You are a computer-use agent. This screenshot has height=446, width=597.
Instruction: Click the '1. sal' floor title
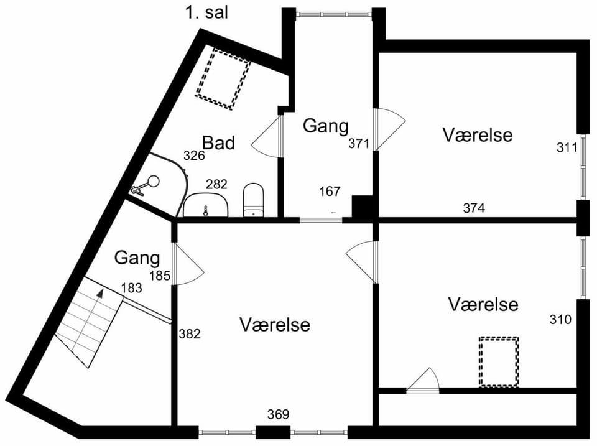pos(206,12)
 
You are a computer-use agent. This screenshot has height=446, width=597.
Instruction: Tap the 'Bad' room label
pos(218,143)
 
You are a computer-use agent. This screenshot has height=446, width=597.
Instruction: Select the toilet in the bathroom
pos(254,200)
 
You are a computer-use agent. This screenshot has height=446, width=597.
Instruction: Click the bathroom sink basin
pos(206,205)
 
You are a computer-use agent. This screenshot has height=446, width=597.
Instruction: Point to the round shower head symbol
pos(154,181)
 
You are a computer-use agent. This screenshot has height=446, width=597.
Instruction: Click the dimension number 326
pos(194,156)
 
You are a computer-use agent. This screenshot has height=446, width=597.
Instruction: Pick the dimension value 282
pos(216,184)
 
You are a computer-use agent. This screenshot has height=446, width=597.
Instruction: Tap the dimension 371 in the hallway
pos(359,144)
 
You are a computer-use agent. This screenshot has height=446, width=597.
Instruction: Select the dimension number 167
pos(330,191)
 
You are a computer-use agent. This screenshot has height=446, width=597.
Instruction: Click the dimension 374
pos(474,208)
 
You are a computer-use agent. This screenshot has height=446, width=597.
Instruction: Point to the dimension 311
pos(567,147)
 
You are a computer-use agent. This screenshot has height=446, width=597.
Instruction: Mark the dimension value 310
pos(560,319)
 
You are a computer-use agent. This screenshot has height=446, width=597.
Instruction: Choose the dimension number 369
pos(279,414)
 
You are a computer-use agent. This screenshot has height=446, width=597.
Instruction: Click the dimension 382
pos(190,334)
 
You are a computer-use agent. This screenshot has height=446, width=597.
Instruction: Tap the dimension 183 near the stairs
pos(132,288)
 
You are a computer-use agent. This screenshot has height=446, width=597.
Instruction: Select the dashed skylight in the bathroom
pos(223,79)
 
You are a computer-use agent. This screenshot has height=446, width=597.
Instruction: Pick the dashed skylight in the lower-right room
pos(499,361)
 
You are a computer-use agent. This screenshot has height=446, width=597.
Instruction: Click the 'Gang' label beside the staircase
pos(137,258)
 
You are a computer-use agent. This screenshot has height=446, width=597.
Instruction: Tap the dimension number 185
pos(160,276)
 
